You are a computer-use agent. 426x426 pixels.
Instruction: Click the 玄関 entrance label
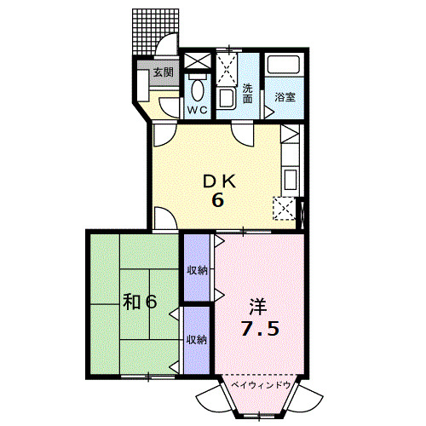[x=164, y=72]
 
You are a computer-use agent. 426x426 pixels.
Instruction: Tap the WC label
[x=198, y=110]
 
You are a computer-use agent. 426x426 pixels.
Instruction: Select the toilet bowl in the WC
[x=198, y=89]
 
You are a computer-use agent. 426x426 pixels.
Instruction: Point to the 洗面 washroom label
[x=247, y=94]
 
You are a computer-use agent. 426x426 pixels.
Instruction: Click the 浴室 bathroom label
[x=285, y=97]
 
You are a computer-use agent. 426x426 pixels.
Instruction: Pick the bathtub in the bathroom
[x=284, y=64]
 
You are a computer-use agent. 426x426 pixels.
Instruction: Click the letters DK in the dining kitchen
[x=219, y=181]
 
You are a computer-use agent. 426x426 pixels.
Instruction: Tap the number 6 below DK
[x=218, y=200]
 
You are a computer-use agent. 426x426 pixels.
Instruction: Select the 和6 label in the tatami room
[x=140, y=302]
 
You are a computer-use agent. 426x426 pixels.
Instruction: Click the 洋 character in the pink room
[x=258, y=307]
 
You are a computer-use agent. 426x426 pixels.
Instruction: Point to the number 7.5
[x=260, y=328]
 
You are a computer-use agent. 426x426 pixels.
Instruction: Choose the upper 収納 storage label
[x=197, y=270]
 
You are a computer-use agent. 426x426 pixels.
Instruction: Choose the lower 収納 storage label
[x=197, y=340]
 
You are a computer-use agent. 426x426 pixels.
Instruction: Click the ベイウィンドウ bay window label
[x=261, y=385]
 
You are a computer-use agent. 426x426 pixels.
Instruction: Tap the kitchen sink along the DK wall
[x=291, y=180]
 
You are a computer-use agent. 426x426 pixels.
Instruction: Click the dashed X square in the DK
[x=285, y=208]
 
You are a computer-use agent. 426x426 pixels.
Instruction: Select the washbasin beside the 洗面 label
[x=226, y=100]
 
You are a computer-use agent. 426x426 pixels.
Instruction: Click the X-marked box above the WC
[x=198, y=60]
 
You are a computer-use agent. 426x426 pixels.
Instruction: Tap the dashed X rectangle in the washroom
[x=227, y=69]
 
